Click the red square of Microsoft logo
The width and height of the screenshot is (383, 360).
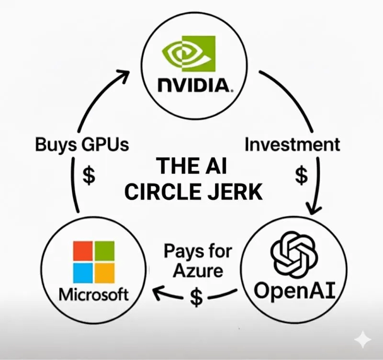(82, 251)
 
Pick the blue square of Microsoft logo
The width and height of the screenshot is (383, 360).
(82, 273)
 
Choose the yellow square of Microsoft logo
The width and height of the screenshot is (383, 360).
(104, 273)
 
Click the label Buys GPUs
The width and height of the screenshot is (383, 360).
(82, 145)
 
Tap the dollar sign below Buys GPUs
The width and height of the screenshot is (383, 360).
(89, 175)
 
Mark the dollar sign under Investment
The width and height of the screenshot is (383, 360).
(301, 175)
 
